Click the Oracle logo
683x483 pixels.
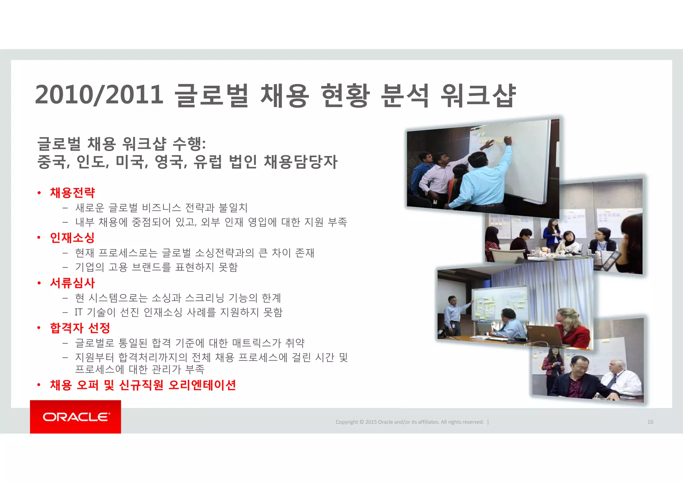[x=76, y=417]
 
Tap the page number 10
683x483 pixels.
[x=650, y=422]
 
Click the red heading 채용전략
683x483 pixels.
[x=72, y=192]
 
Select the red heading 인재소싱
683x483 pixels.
[x=72, y=237]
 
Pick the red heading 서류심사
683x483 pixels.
[x=72, y=283]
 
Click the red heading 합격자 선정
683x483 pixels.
[x=80, y=328]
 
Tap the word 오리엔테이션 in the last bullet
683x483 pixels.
[x=202, y=385]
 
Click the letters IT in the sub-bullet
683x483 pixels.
[x=78, y=312]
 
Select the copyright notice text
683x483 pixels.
[x=410, y=422]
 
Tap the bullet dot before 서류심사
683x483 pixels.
[x=39, y=283]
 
